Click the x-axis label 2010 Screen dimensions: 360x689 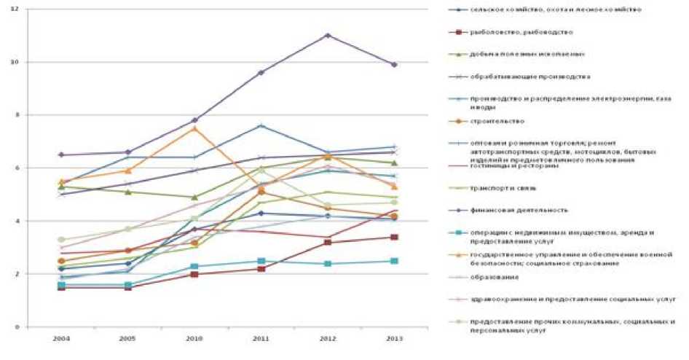[194, 339]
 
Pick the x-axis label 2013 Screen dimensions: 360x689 [394, 339]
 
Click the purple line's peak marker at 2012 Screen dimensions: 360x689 [328, 35]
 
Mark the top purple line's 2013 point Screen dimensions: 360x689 [394, 65]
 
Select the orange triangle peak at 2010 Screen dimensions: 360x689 [194, 128]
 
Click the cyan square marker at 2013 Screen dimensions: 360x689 [394, 261]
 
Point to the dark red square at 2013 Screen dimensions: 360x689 [394, 237]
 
